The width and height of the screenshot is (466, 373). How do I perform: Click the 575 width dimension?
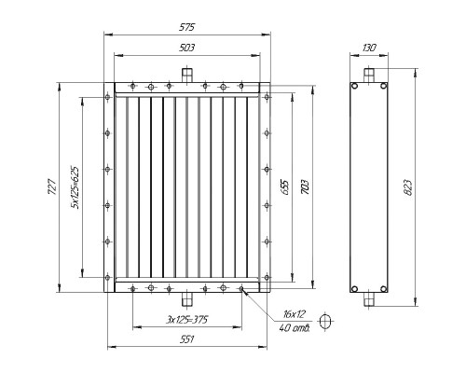coord(187,27)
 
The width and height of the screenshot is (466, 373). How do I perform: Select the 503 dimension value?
coord(187,48)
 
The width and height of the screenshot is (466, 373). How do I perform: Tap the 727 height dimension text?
coord(52,186)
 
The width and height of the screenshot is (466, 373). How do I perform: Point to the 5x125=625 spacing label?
coord(75,187)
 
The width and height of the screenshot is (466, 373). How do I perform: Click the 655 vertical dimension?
coord(285,187)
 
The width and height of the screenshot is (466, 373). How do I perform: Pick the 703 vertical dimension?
coord(306,187)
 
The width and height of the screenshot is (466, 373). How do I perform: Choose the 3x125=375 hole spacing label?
coord(187,319)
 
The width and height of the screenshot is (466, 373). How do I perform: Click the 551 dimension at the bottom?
coord(187,339)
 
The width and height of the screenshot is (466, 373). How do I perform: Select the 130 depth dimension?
coord(369,48)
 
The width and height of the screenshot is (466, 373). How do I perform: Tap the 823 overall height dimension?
coord(408,187)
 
